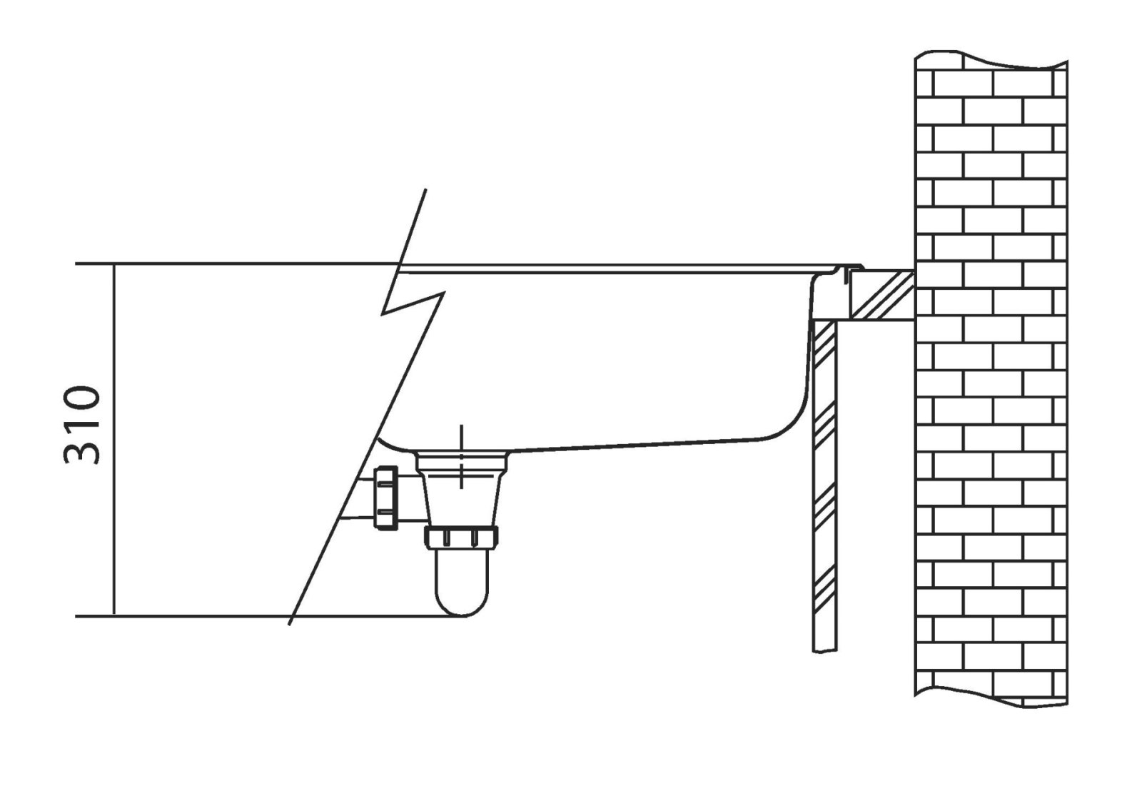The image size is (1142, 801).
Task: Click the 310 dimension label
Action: (81, 425)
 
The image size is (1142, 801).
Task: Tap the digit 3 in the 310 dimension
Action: (81, 452)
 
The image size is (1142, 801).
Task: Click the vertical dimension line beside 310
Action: (113, 440)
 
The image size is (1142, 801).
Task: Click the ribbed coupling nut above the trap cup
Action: (461, 538)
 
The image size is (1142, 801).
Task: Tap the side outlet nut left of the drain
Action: (386, 498)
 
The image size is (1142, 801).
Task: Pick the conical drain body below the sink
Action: (461, 490)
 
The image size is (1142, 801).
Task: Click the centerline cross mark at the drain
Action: (461, 456)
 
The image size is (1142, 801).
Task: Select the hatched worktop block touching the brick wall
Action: (881, 295)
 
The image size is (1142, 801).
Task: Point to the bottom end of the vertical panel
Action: (824, 650)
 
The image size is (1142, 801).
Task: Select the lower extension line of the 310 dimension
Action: (271, 616)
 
